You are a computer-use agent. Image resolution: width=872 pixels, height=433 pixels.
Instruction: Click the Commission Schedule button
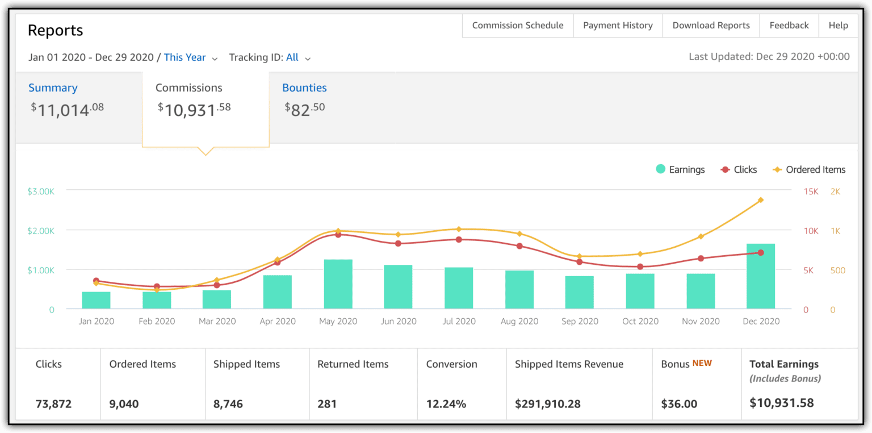pyautogui.click(x=518, y=26)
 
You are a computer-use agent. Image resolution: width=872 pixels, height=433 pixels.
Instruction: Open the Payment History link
pyautogui.click(x=618, y=26)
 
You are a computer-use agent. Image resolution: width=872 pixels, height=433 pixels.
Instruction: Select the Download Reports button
pyautogui.click(x=711, y=26)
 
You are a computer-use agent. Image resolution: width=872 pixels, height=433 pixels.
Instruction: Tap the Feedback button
pyautogui.click(x=789, y=26)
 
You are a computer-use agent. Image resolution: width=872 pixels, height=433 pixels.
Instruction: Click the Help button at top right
pyautogui.click(x=838, y=26)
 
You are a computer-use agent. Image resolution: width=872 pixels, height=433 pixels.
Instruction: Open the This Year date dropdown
pyautogui.click(x=191, y=57)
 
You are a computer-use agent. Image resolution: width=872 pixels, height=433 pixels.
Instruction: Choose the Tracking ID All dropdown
pyautogui.click(x=298, y=57)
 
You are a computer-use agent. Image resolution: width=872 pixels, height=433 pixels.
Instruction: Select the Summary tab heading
pyautogui.click(x=53, y=88)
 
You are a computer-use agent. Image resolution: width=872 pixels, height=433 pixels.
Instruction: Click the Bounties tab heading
pyautogui.click(x=304, y=88)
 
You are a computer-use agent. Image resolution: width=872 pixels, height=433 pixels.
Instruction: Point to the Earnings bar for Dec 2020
pyautogui.click(x=761, y=277)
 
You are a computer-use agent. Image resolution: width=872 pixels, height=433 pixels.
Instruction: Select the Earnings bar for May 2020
pyautogui.click(x=338, y=284)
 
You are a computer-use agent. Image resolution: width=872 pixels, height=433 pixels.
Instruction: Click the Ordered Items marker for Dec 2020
pyautogui.click(x=761, y=200)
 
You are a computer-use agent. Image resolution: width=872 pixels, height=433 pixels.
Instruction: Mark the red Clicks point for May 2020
pyautogui.click(x=338, y=234)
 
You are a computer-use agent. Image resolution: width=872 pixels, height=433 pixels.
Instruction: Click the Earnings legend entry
pyautogui.click(x=680, y=169)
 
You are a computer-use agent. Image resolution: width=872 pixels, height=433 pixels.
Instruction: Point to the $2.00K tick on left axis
pyautogui.click(x=41, y=231)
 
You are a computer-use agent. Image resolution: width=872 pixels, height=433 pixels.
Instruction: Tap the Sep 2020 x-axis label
pyautogui.click(x=580, y=321)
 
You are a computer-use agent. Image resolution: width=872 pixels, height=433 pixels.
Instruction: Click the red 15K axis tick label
pyautogui.click(x=811, y=191)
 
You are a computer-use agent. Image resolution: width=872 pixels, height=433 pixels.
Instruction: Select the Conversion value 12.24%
pyautogui.click(x=446, y=404)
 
